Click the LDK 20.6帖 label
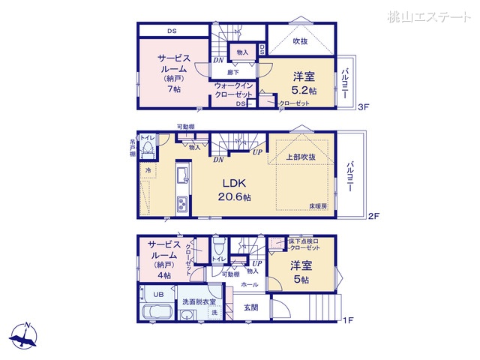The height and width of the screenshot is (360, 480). (235, 190)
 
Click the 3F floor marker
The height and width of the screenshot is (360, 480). (364, 107)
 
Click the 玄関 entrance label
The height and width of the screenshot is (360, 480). (250, 307)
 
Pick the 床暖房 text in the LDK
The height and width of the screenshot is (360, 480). (318, 204)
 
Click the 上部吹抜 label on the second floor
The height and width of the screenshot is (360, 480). (299, 157)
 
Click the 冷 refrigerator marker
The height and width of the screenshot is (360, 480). (148, 170)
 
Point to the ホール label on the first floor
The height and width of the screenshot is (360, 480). (250, 285)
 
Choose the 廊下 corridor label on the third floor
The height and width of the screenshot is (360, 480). (233, 72)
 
